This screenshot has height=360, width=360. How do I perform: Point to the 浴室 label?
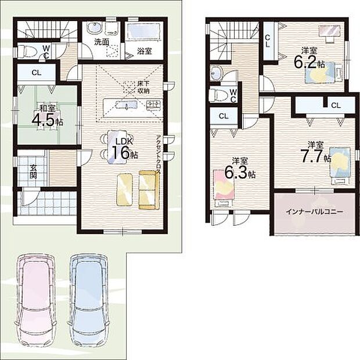pos(145,51)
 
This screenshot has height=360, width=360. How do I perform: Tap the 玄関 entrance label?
pos(33,172)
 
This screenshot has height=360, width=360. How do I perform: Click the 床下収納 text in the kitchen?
pos(143,87)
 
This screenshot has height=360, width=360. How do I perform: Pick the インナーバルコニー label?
pos(314,212)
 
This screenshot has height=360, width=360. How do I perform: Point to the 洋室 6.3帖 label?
pos(240,168)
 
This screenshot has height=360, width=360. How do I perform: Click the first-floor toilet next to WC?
pos(27,51)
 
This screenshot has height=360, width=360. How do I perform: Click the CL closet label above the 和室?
pos(37,73)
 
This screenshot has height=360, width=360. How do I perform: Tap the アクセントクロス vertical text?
pos(158,155)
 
